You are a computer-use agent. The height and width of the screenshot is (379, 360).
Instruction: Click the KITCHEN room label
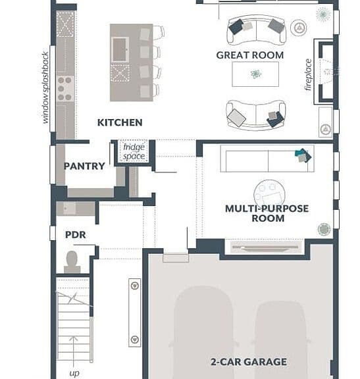pos(120,122)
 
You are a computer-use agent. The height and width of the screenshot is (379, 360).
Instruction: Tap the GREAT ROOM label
pos(250,55)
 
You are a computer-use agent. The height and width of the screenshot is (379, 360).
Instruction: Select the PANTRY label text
pos(84,166)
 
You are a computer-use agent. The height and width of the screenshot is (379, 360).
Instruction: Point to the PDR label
pos(76,235)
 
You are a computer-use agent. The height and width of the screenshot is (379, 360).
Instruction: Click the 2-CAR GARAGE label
pos(249,362)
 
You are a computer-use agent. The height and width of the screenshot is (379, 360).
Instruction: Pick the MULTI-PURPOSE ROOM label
pos(267,213)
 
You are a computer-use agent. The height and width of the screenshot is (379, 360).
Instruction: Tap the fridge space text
pos(134,151)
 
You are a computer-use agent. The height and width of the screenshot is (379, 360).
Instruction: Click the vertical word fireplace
pos(308,75)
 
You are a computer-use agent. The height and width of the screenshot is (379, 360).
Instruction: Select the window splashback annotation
pos(45,88)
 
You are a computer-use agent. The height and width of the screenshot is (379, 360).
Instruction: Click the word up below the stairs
pos(74,373)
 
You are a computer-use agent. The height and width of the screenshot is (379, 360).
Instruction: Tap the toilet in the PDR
pos(72,262)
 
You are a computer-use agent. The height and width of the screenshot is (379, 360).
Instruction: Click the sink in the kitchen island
pos(120,49)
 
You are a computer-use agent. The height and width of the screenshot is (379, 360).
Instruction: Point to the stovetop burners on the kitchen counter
pos(65,88)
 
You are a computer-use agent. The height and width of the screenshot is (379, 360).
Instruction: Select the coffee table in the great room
pos(255,74)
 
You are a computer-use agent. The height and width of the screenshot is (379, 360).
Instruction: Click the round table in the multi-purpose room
pos(269,194)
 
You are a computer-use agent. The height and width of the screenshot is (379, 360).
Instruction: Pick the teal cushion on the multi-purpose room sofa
pos(301,153)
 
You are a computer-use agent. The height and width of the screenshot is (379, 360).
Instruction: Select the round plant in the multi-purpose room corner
pos(324,229)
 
